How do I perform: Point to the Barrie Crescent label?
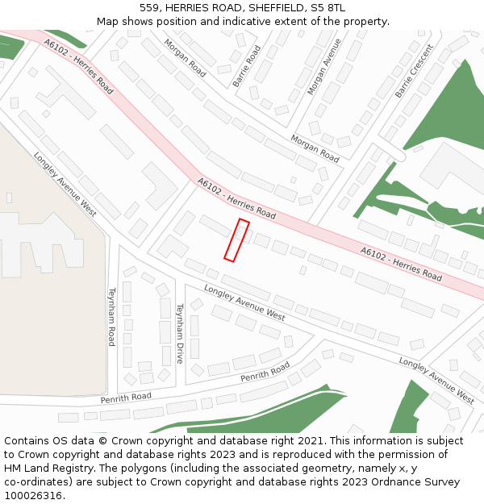coord(414,72)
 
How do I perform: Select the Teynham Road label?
coord(112,317)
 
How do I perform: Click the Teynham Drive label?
coord(181,333)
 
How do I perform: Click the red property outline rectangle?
coord(236,240)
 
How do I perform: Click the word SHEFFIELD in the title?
coord(280,7)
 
